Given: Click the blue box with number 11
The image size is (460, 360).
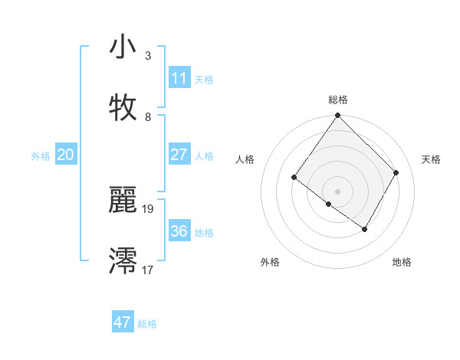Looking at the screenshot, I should [179, 78].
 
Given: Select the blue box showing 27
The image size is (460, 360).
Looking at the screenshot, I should [179, 155].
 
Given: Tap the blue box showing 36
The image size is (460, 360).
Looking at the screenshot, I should [179, 231].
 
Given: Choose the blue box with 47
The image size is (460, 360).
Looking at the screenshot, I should [123, 322].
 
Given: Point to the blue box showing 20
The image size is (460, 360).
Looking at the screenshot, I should [66, 155].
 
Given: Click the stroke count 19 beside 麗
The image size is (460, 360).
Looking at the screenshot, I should [148, 208].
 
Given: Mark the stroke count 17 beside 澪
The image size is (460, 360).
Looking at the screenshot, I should [148, 270].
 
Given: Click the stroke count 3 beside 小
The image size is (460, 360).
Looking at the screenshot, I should [148, 56].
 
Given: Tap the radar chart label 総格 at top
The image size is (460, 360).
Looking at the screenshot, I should [338, 100].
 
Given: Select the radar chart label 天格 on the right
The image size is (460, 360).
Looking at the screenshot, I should [432, 159].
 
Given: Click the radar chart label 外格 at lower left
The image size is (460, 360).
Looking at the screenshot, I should [270, 262].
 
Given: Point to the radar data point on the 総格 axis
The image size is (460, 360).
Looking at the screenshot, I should [338, 116].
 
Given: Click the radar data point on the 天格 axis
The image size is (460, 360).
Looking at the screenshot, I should [396, 172].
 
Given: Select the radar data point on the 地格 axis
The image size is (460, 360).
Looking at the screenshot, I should [365, 229].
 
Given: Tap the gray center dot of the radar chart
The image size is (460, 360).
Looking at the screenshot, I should [338, 191].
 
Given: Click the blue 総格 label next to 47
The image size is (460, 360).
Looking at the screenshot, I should [147, 324].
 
